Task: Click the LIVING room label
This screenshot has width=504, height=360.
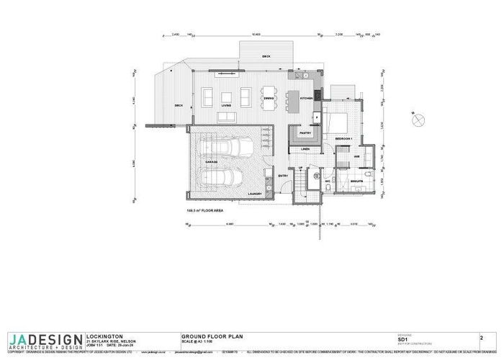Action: [x=225, y=105]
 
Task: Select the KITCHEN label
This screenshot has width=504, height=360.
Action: [x=305, y=98]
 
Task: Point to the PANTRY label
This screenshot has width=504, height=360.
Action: [x=304, y=132]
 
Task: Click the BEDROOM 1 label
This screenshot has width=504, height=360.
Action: [x=343, y=138]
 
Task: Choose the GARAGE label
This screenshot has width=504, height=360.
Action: [x=212, y=163]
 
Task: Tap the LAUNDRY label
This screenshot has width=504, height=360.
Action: [x=253, y=194]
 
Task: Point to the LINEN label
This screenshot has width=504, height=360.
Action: [x=305, y=150]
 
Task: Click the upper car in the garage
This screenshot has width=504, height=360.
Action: [x=232, y=148]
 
